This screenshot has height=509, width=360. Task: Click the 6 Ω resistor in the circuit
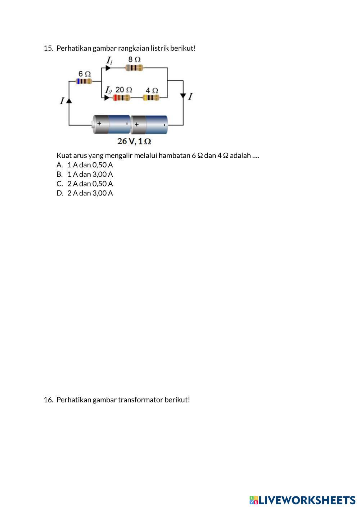(x=84, y=81)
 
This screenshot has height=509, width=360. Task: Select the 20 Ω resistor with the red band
(x=122, y=98)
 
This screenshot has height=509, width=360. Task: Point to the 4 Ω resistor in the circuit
(x=151, y=98)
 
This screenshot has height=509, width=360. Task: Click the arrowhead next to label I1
(x=108, y=68)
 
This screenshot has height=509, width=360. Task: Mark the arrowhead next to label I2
(x=107, y=98)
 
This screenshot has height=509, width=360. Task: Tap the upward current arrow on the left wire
(x=69, y=101)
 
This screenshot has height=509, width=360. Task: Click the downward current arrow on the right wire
(x=183, y=96)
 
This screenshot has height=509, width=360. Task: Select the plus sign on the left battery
(x=99, y=123)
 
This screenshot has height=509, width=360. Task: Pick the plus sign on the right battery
(x=137, y=125)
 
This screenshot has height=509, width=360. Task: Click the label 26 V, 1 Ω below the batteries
(x=134, y=141)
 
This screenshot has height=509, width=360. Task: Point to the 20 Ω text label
(x=124, y=89)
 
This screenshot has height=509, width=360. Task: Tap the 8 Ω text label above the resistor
(x=135, y=59)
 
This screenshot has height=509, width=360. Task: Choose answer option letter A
(x=59, y=165)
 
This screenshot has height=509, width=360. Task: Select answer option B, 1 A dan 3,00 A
(x=90, y=174)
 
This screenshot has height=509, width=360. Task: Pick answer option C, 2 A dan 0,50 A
(x=90, y=184)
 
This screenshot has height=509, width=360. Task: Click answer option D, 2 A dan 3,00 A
(x=90, y=193)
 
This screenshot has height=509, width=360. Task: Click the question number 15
(x=48, y=48)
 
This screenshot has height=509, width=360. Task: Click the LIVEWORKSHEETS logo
(x=302, y=500)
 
